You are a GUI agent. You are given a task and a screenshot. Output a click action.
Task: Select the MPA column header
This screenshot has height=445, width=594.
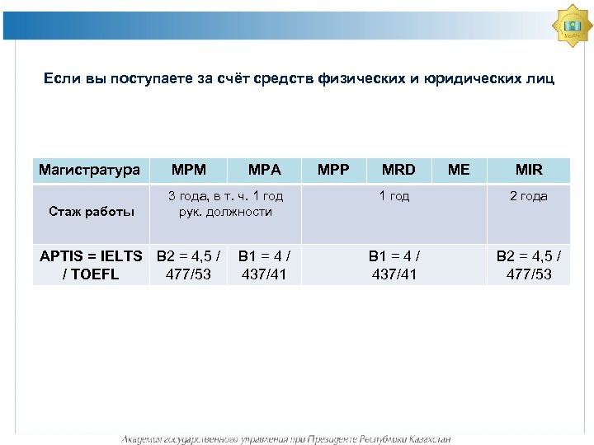coord(264,170)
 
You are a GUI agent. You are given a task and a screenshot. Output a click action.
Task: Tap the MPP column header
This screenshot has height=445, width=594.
coord(332,170)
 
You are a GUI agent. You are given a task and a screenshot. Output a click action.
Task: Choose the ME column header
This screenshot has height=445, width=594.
coord(458,170)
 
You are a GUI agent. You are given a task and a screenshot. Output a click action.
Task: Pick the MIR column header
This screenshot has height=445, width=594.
coord(528,170)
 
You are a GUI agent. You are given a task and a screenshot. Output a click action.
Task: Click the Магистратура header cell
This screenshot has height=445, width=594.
coord(89,170)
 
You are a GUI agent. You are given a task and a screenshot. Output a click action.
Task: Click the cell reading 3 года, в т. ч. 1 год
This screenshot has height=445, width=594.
coord(225,204)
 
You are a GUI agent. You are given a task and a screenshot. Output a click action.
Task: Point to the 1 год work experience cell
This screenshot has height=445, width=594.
coord(394,197)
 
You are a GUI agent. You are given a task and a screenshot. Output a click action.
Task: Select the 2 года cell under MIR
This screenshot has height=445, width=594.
coord(528,197)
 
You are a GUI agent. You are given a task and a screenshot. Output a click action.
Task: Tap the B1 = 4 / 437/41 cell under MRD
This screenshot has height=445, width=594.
coord(394,265)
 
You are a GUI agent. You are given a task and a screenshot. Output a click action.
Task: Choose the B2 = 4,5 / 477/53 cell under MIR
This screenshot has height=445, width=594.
coord(528,265)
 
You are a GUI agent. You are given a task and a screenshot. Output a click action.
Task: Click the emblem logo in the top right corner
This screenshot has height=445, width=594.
coord(573,26)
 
